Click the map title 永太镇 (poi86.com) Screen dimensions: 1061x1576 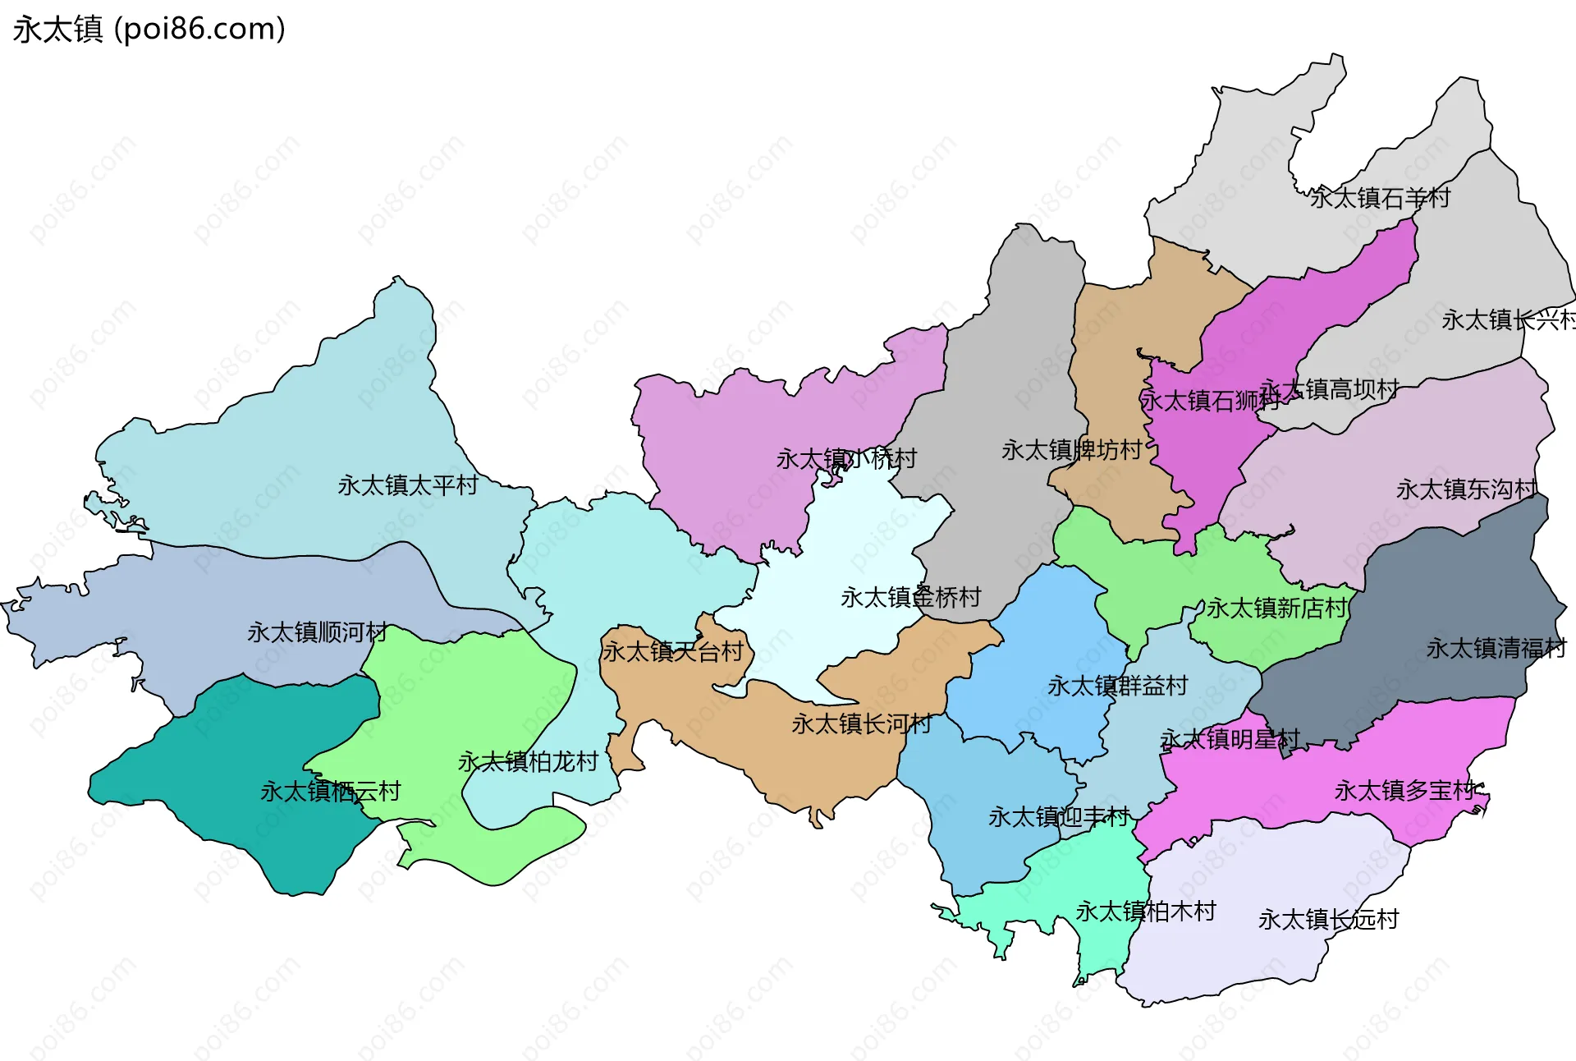[x=149, y=30]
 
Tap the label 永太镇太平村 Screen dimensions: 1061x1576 [x=408, y=485]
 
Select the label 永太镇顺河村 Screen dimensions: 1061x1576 [x=318, y=632]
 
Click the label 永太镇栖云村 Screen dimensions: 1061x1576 [x=330, y=792]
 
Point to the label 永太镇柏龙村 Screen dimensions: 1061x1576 [x=528, y=762]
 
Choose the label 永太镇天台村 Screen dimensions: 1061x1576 [x=673, y=652]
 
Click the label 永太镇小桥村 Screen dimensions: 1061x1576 [x=846, y=458]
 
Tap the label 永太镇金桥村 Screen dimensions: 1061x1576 [x=911, y=597]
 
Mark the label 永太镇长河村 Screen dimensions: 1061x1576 [x=862, y=723]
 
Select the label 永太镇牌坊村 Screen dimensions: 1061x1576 [x=1072, y=450]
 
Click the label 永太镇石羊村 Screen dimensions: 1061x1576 [x=1380, y=198]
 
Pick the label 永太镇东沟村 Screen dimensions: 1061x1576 [x=1467, y=489]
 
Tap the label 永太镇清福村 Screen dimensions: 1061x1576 [x=1496, y=649]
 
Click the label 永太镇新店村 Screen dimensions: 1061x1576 [x=1277, y=609]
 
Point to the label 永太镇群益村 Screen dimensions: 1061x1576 [x=1118, y=686]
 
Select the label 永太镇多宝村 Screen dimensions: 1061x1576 [x=1405, y=791]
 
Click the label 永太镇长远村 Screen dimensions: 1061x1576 [x=1329, y=920]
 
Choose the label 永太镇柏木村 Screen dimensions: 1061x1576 [x=1146, y=912]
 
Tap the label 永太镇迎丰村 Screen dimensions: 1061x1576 [x=1059, y=817]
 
